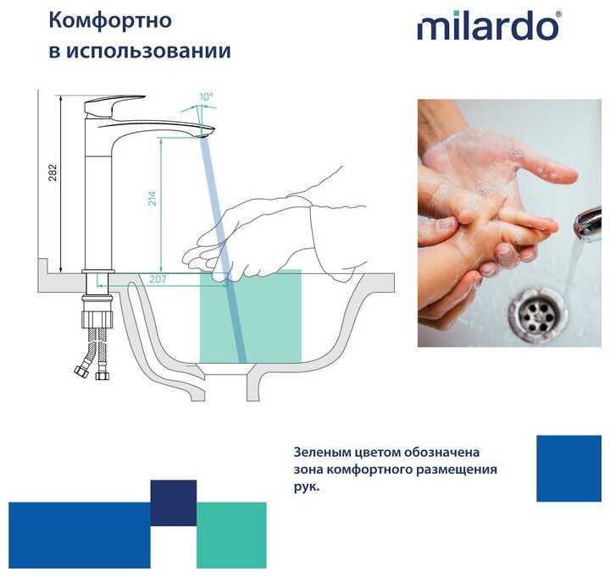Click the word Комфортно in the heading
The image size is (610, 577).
tap(110, 20)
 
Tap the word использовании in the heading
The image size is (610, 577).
tap(148, 52)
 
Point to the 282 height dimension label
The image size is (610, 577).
tap(53, 173)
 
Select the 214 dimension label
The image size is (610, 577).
tap(152, 198)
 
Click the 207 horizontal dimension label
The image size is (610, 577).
tap(158, 279)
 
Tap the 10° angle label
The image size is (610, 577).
tap(206, 96)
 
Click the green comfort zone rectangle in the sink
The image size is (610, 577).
tap(251, 316)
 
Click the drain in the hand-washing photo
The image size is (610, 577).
tap(538, 314)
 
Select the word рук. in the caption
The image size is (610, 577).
tap(307, 487)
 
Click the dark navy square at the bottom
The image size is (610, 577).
tap(174, 503)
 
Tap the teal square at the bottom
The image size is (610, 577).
tap(231, 535)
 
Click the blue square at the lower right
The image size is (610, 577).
tap(568, 468)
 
